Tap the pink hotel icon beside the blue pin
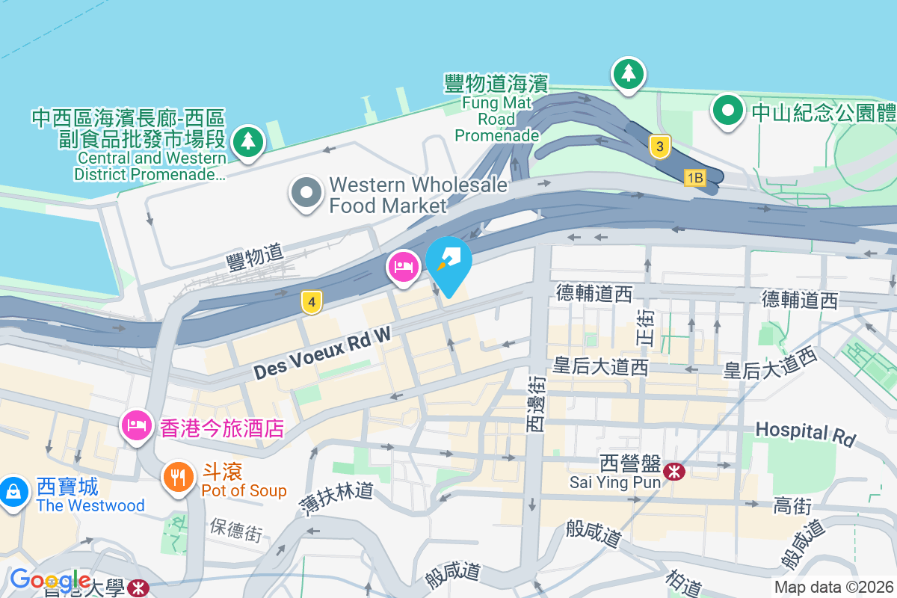(404, 267)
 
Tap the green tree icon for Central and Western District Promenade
(247, 141)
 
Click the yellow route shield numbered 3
(659, 146)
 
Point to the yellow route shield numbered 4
(312, 302)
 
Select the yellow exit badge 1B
(694, 177)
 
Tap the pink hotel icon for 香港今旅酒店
(136, 426)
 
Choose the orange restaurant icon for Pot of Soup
(178, 475)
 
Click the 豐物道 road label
(255, 257)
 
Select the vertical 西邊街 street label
(537, 404)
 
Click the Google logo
(50, 580)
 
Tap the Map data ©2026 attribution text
(833, 588)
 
